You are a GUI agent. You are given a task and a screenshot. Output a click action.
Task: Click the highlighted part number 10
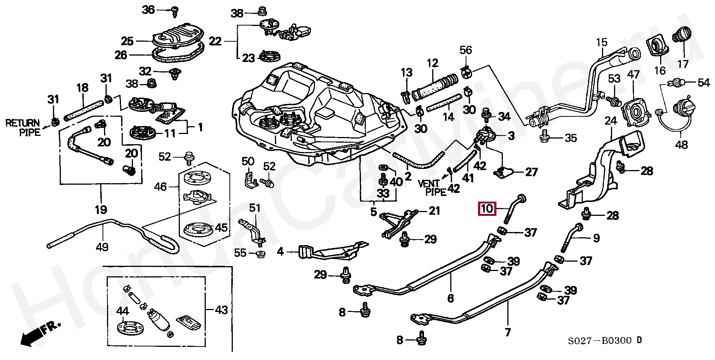coord(487,208)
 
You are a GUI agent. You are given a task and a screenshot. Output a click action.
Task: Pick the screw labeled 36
coord(175,11)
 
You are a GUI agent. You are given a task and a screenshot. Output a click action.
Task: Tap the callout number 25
coord(127,41)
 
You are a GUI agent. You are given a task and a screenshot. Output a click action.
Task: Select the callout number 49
coord(102,247)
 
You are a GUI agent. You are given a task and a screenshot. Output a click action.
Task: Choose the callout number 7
coord(508,332)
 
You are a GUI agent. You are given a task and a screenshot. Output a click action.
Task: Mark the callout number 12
coord(433,63)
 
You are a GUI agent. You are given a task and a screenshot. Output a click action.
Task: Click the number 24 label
coord(611,121)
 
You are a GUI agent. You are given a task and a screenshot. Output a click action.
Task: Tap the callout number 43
coord(221,310)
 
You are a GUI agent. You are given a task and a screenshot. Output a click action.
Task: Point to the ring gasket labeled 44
coord(129,328)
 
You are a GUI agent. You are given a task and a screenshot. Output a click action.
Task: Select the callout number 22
coord(215,41)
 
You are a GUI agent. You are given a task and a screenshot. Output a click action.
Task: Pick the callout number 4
coord(280,252)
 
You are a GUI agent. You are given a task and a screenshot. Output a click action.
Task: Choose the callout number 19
coord(101,209)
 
